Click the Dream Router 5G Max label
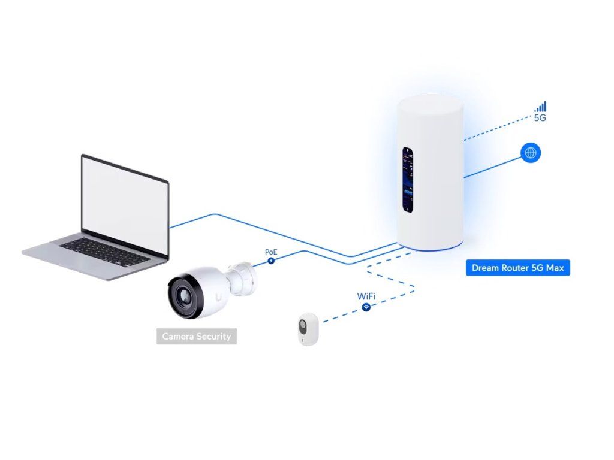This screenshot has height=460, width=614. click(517, 268)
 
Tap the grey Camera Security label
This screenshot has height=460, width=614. click(197, 337)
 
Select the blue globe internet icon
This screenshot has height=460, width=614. click(531, 153)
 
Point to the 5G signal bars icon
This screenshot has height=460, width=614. click(541, 107)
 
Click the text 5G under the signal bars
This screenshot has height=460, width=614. click(540, 118)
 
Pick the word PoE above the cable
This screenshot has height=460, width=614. click(272, 252)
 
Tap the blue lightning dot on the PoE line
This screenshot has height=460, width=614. click(271, 261)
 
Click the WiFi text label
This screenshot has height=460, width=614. click(366, 296)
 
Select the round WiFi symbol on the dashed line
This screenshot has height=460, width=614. click(366, 307)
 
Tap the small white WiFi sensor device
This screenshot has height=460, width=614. click(306, 329)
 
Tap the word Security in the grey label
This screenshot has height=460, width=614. click(212, 337)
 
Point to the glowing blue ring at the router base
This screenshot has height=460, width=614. click(431, 247)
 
